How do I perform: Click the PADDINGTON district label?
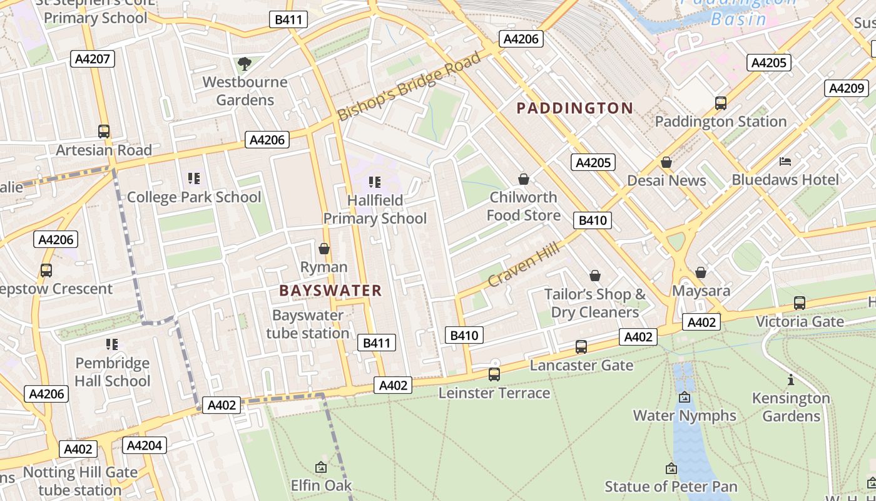click(574, 108)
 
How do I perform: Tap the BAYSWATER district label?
click(330, 291)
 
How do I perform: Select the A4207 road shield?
click(93, 59)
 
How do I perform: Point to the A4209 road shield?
click(847, 88)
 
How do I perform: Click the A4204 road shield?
click(144, 445)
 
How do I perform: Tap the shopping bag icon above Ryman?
click(324, 249)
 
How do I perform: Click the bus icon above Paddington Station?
click(721, 103)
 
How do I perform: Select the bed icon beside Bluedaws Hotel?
click(785, 162)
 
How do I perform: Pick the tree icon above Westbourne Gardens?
click(245, 63)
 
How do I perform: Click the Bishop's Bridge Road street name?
click(410, 86)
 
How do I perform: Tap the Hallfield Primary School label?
click(375, 209)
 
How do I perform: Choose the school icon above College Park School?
click(194, 179)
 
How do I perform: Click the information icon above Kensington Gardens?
click(791, 380)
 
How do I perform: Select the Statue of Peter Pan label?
click(671, 486)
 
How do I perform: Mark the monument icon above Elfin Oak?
click(321, 467)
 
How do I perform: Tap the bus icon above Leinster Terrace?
click(494, 374)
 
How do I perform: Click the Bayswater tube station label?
click(307, 324)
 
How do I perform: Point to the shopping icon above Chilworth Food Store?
click(524, 180)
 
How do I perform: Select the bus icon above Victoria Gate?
click(800, 303)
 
